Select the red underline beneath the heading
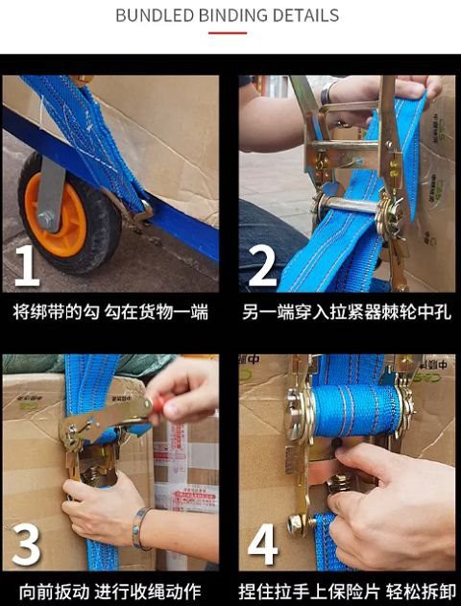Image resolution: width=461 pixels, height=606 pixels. click(228, 33)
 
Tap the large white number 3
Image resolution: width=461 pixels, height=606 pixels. click(26, 544)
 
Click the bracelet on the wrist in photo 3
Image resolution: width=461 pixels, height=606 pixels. click(140, 527)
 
